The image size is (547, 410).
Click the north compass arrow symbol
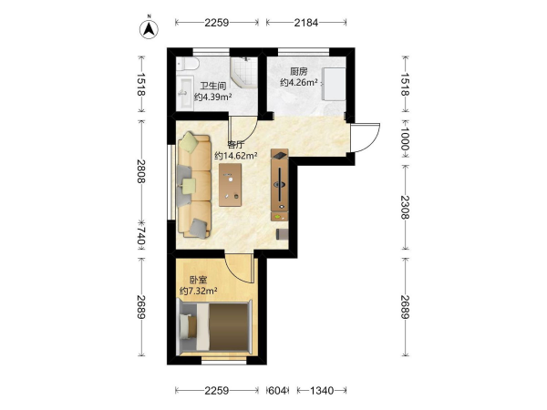[x=149, y=29]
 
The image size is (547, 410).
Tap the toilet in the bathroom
[x=188, y=64]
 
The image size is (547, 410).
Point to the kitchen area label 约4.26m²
[x=299, y=83]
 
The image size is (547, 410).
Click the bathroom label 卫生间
[x=212, y=86]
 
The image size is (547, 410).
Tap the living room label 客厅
[x=235, y=144]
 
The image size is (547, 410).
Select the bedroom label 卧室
[x=198, y=280]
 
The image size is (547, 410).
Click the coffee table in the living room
[x=231, y=185]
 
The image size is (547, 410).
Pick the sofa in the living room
[x=195, y=185]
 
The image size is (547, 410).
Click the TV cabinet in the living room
[x=280, y=185]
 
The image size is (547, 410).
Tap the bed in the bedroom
[x=214, y=327]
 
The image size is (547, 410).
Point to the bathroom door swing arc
[x=252, y=131]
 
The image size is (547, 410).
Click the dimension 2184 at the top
[x=306, y=23]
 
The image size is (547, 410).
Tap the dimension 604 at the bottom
[x=277, y=391]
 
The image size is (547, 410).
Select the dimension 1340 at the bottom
[x=322, y=391]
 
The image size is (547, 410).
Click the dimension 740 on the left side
[x=140, y=237]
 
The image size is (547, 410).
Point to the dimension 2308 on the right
[x=405, y=207]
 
